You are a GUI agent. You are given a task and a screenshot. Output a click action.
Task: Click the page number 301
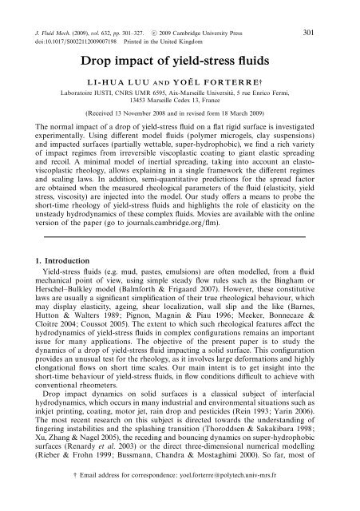click(x=337, y=10)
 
